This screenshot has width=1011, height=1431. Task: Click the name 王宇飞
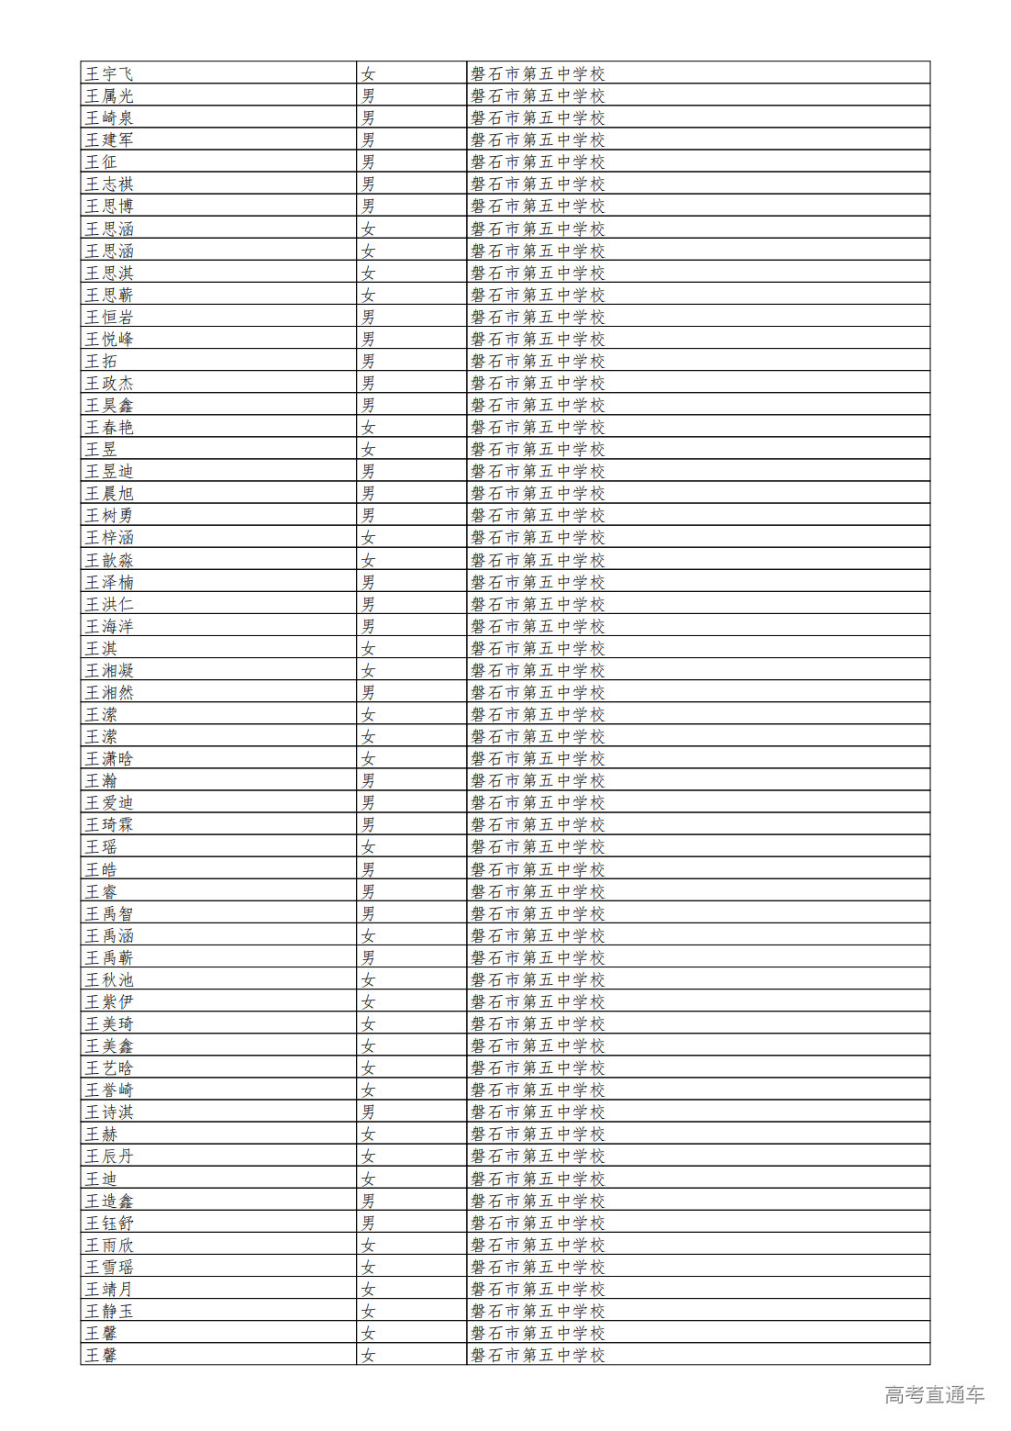point(109,73)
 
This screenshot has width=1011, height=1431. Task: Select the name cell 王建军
point(109,140)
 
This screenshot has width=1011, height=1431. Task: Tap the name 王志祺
point(109,184)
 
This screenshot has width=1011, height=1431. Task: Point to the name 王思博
point(109,206)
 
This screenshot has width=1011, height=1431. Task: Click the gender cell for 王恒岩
point(368,317)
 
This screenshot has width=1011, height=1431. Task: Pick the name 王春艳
point(109,427)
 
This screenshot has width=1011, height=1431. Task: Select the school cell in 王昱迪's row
point(538,471)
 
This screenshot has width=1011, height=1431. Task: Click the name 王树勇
point(109,515)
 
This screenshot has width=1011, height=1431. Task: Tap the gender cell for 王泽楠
point(368,582)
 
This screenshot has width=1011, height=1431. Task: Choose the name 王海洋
point(109,626)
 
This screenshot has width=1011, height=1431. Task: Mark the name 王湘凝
point(109,670)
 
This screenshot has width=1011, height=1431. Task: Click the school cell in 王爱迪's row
point(538,802)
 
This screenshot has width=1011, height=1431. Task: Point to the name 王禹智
point(109,913)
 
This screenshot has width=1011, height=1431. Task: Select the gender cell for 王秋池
point(368,979)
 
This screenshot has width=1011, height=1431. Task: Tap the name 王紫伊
point(109,1001)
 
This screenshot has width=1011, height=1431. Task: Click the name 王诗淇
point(109,1112)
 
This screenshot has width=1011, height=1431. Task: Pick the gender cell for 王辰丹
point(368,1156)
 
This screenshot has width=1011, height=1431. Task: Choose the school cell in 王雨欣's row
point(538,1245)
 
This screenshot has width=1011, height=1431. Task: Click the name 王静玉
point(109,1311)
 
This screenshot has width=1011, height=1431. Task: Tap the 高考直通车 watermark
point(934,1394)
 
